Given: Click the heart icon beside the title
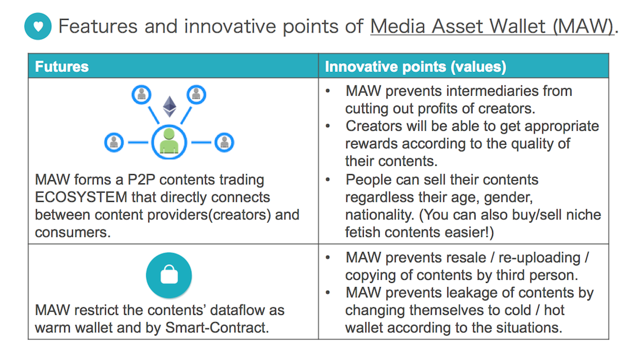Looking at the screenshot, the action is click(38, 26).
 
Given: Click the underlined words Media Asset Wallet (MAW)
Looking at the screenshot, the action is click(492, 27).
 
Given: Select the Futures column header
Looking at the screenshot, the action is click(62, 66).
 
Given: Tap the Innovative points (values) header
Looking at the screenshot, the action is click(416, 66).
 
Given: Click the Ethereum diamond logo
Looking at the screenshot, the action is click(170, 106).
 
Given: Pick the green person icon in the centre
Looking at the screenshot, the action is click(169, 141).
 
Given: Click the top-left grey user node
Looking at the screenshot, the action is click(141, 95).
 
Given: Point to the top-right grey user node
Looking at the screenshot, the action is click(196, 95).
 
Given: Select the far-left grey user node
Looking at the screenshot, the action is click(114, 142).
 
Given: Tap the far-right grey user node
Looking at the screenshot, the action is click(224, 142).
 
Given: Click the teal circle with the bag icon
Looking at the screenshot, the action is click(169, 275).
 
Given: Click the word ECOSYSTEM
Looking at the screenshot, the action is click(81, 197).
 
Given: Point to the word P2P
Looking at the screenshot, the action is click(141, 180).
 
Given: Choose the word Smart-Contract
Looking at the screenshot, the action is click(217, 328).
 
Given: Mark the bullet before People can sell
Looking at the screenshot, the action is click(328, 180).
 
